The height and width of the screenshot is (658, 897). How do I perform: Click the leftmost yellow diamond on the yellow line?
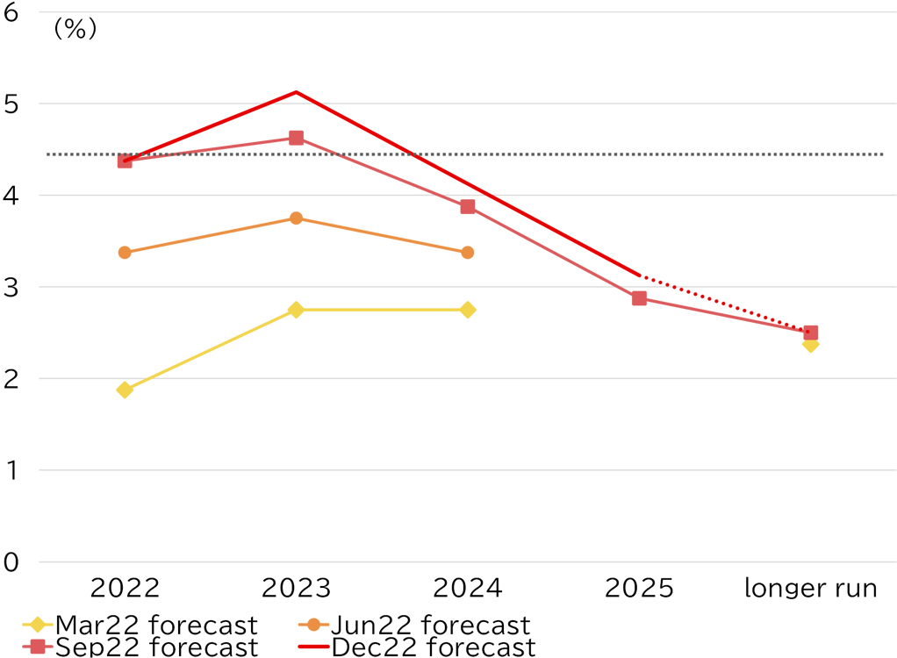125,390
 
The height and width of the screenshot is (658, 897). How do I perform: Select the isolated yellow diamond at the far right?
810,345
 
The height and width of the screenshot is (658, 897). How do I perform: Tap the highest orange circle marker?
296,218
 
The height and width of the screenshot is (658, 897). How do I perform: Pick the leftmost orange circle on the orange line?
125,253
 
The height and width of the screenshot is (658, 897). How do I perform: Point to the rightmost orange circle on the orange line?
467,253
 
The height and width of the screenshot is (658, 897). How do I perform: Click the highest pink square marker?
296,138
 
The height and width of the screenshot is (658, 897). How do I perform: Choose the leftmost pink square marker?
125,161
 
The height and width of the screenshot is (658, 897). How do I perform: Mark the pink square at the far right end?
811,333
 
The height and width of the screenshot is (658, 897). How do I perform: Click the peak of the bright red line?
296,91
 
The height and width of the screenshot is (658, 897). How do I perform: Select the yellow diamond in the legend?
37,625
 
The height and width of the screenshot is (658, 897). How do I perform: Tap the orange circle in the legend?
313,625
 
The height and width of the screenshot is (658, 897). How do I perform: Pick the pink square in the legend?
38,647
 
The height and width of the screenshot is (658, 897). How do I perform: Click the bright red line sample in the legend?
313,647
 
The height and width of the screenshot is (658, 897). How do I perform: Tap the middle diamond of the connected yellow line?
296,310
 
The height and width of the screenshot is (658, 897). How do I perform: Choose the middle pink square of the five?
468,207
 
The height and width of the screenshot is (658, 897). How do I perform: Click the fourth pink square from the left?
639,298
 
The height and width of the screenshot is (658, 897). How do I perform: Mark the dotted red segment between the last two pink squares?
724,304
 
